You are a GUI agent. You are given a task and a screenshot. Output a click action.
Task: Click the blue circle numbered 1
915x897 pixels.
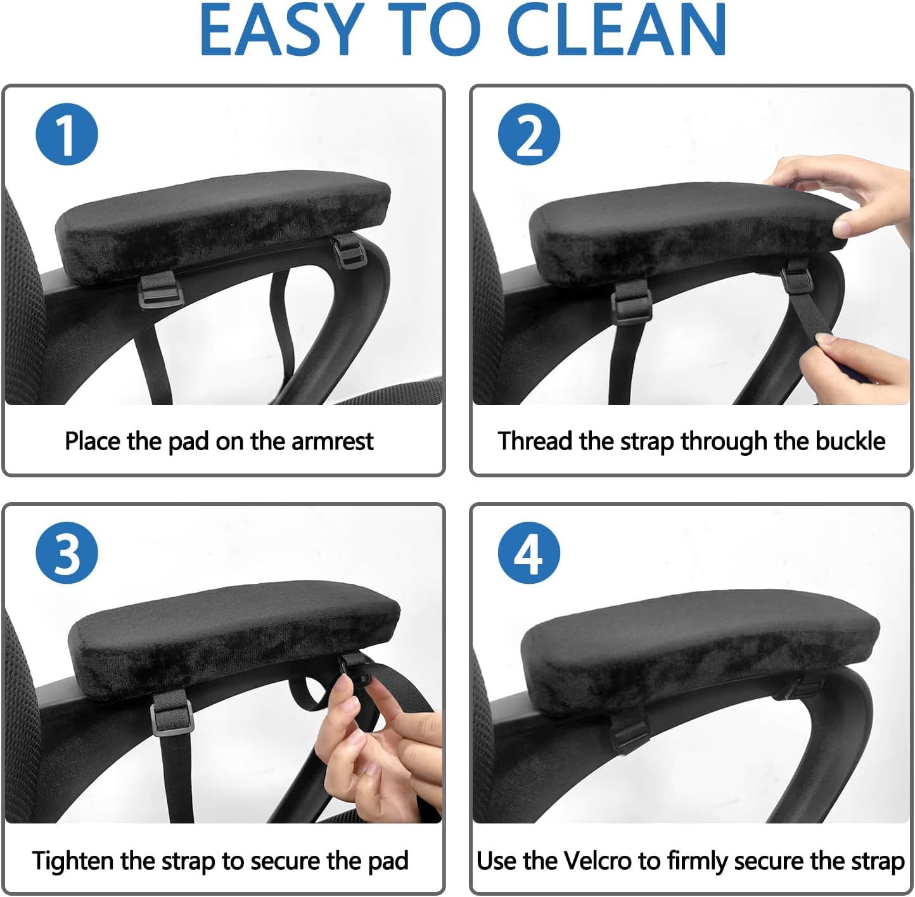tap(67, 134)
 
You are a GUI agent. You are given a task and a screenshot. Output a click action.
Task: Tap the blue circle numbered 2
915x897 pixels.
tap(529, 134)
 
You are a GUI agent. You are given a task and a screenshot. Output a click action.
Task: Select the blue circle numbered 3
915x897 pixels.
tap(67, 553)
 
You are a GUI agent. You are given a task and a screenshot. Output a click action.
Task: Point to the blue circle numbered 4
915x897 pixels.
tap(529, 553)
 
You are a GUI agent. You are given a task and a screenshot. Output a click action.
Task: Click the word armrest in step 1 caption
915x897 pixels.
tap(332, 441)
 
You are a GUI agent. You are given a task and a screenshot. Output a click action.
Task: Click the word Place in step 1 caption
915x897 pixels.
tap(93, 441)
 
